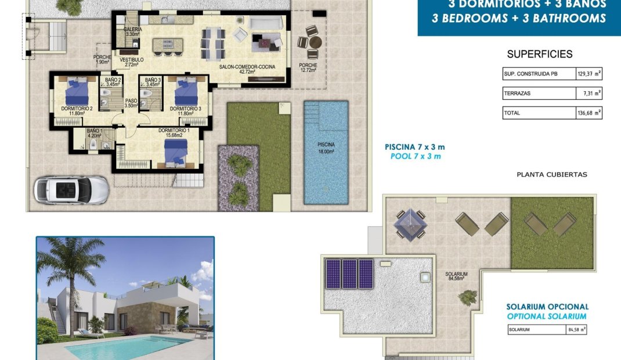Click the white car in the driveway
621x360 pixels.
(71, 189)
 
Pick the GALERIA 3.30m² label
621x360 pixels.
(132, 31)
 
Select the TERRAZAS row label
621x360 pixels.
(518, 93)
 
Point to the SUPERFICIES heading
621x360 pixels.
(540, 55)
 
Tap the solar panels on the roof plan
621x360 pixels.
(349, 273)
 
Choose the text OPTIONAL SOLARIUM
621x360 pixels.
(546, 316)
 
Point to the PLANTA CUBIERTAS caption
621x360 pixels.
(551, 174)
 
